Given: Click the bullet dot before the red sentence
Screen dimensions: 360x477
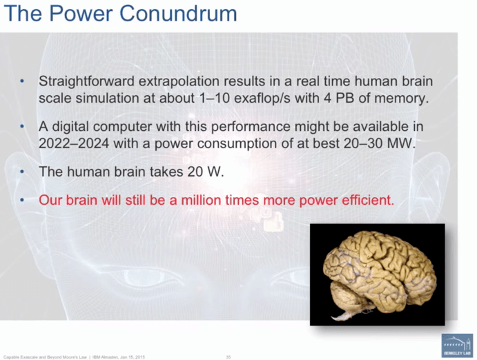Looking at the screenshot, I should [23, 201].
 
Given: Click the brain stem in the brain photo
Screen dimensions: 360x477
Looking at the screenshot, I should [343, 313].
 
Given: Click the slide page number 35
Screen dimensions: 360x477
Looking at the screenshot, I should [228, 356].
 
